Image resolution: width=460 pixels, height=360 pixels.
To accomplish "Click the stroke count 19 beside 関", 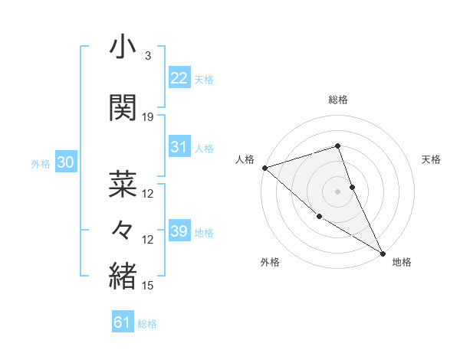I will click(148, 117).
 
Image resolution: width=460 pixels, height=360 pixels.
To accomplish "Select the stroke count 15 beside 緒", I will click(148, 286).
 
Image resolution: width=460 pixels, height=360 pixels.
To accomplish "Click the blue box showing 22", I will click(179, 78).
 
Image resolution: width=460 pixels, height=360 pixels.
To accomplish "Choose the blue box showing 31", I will click(179, 147).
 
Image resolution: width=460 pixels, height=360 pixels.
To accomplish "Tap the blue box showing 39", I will click(179, 231).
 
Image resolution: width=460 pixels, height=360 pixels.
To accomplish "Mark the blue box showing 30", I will click(64, 163).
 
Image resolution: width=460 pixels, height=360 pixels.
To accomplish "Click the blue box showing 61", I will click(122, 322).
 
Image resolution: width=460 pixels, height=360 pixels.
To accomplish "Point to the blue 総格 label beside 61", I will click(147, 324).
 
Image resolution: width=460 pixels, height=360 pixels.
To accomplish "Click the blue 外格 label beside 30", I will click(40, 164).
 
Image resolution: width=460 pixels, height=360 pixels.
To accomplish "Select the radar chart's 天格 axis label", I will click(432, 159).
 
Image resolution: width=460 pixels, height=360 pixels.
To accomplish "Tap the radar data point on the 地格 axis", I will click(383, 253).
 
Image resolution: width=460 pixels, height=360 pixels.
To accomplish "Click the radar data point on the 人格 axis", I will click(264, 168).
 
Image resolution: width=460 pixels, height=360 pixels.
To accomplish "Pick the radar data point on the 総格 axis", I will click(337, 146).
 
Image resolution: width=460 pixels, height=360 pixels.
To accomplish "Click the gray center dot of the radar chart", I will click(337, 191).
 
